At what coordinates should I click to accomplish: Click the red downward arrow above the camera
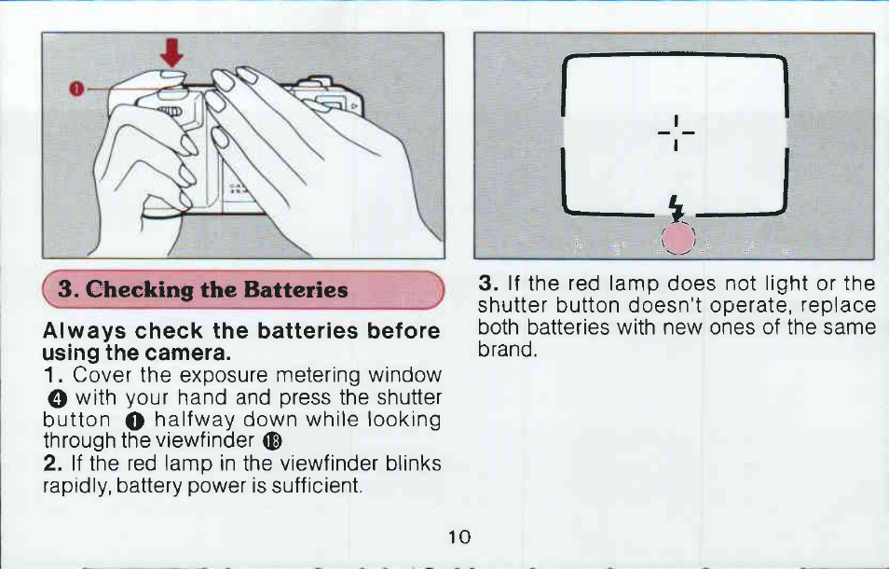tap(171, 53)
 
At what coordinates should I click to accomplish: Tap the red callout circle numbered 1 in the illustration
tap(76, 89)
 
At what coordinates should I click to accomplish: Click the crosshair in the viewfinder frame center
tap(676, 132)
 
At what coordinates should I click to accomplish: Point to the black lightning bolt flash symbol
tap(676, 208)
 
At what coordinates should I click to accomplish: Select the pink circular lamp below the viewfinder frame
tap(678, 238)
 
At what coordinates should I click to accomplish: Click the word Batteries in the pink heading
tap(295, 290)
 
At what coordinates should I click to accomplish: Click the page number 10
tap(459, 536)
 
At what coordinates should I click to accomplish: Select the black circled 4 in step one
tap(58, 399)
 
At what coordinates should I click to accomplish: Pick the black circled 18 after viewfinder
tap(273, 441)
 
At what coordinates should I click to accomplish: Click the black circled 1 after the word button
tap(135, 421)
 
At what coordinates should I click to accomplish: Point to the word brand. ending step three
tap(507, 349)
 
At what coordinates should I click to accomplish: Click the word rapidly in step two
tap(76, 487)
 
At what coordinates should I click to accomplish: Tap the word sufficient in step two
tap(316, 486)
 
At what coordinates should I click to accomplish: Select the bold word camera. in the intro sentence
tap(188, 354)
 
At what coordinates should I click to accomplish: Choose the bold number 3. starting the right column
tap(487, 283)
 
